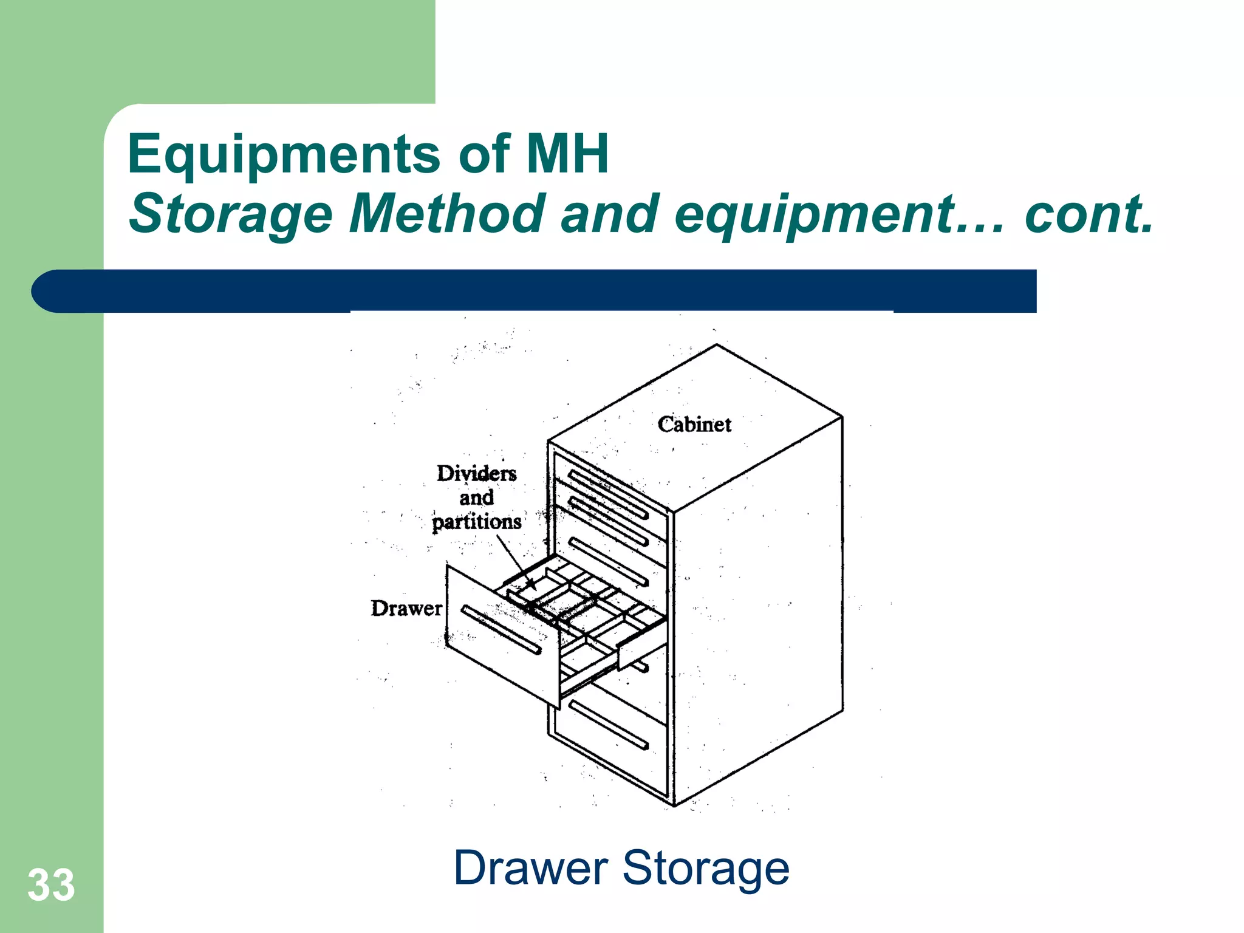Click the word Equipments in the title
[x=284, y=155]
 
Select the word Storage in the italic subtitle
[x=231, y=214]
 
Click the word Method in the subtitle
[x=446, y=214]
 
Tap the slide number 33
[x=51, y=885]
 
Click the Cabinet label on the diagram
[x=694, y=425]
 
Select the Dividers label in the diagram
[x=477, y=473]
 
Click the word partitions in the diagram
[x=477, y=522]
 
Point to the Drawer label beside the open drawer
[x=406, y=608]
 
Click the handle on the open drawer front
[x=501, y=630]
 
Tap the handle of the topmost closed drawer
[x=607, y=494]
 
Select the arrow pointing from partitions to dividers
[x=516, y=562]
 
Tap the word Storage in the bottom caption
[x=706, y=868]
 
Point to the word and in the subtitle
[x=609, y=214]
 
